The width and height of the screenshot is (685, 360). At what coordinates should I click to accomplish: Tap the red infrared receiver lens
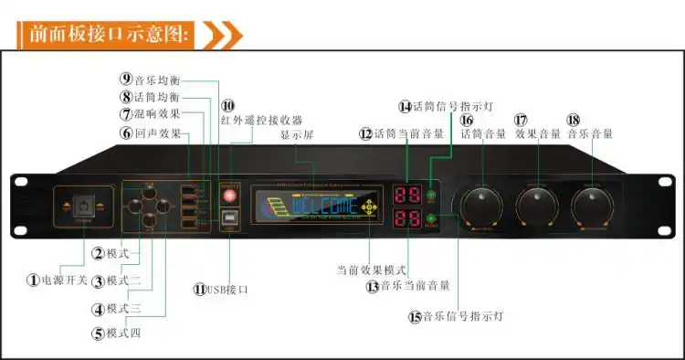pyautogui.click(x=229, y=196)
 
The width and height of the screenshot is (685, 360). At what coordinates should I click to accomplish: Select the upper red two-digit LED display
pyautogui.click(x=406, y=196)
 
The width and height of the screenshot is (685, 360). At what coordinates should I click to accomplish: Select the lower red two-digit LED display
pyautogui.click(x=406, y=219)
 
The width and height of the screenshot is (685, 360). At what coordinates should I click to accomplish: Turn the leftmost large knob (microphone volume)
pyautogui.click(x=480, y=206)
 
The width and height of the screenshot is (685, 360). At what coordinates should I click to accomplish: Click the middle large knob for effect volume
pyautogui.click(x=537, y=206)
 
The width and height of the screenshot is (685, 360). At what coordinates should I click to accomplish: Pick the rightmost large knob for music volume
pyautogui.click(x=594, y=206)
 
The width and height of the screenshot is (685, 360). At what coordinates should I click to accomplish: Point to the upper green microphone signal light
pyautogui.click(x=431, y=196)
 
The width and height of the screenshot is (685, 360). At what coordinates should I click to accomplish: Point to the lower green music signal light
pyautogui.click(x=431, y=219)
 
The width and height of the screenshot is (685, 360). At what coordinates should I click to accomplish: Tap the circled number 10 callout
pyautogui.click(x=227, y=106)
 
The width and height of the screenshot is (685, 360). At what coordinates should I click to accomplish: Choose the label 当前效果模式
pyautogui.click(x=370, y=270)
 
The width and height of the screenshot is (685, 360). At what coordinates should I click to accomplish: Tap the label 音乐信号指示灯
pyautogui.click(x=462, y=316)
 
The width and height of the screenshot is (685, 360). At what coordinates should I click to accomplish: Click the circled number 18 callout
pyautogui.click(x=574, y=120)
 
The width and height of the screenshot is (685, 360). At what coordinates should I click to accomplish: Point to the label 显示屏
pyautogui.click(x=298, y=134)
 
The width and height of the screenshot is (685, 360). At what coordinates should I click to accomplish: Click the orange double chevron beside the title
pyautogui.click(x=222, y=35)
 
